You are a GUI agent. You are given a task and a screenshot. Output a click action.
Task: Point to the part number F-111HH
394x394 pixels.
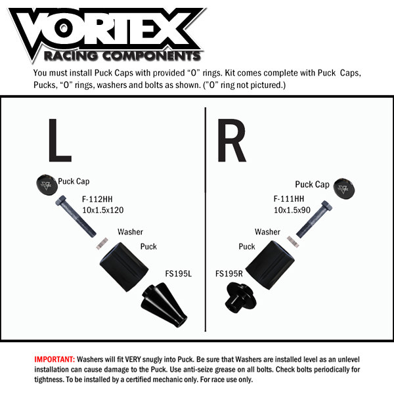[x=289, y=199]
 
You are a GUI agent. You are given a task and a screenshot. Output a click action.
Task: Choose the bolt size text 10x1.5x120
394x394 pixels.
[x=103, y=210]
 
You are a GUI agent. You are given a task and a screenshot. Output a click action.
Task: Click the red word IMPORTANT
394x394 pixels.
[x=54, y=360]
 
